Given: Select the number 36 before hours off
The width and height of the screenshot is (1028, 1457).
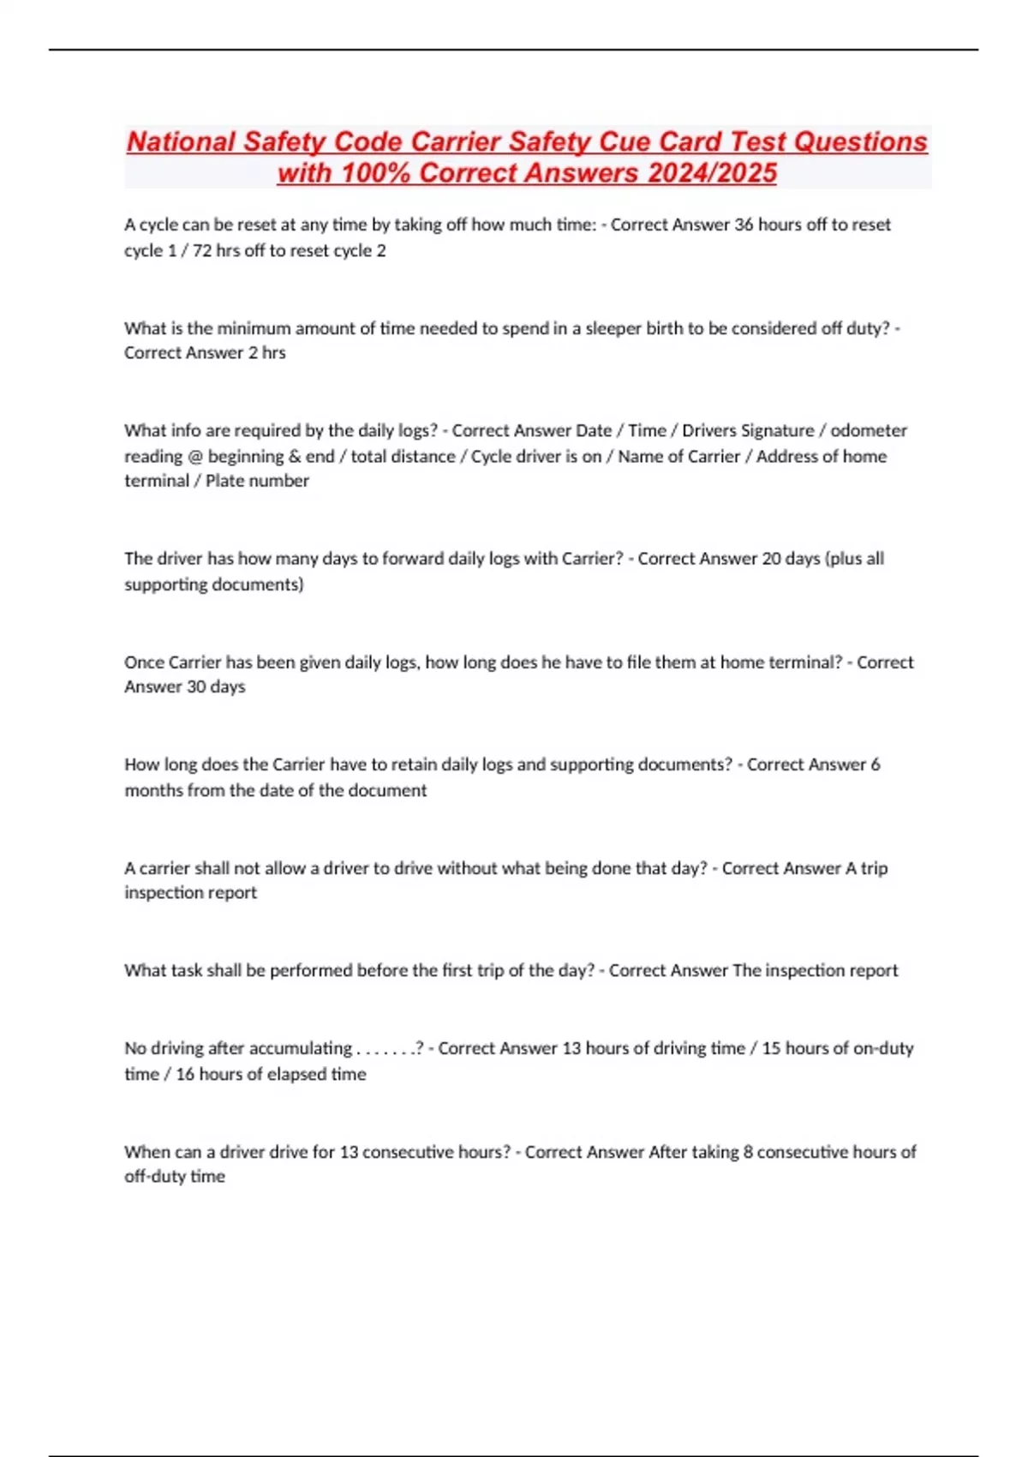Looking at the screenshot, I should [x=744, y=225].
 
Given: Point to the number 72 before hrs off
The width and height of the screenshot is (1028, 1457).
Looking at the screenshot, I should [x=202, y=250].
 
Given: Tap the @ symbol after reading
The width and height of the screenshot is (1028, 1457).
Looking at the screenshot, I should [x=195, y=456].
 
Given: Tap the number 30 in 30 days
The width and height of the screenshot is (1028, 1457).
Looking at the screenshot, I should [x=196, y=687].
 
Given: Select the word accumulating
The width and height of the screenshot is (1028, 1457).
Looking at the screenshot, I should [x=298, y=1048].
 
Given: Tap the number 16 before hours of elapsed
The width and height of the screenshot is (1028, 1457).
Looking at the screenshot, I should [x=185, y=1074].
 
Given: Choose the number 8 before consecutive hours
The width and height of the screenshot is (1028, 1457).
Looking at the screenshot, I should [x=748, y=1152].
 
